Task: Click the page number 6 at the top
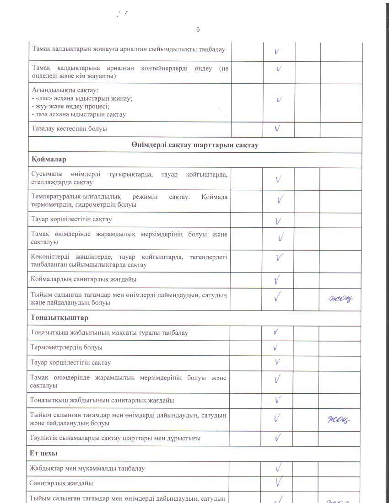pos(198,30)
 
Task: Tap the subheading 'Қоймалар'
pos(49,160)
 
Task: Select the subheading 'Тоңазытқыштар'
pos(59,317)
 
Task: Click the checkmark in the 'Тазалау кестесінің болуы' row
pos(277,128)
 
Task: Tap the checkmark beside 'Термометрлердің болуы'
pos(276,348)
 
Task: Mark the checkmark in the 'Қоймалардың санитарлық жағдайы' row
pos(277,280)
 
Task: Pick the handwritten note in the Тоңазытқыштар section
pos(340,419)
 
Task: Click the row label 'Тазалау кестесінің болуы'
pos(69,128)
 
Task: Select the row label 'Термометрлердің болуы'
pos(66,348)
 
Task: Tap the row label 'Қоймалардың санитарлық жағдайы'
pos(83,279)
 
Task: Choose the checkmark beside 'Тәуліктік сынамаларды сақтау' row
pos(277,438)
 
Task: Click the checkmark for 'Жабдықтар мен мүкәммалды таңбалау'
pos(278,468)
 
